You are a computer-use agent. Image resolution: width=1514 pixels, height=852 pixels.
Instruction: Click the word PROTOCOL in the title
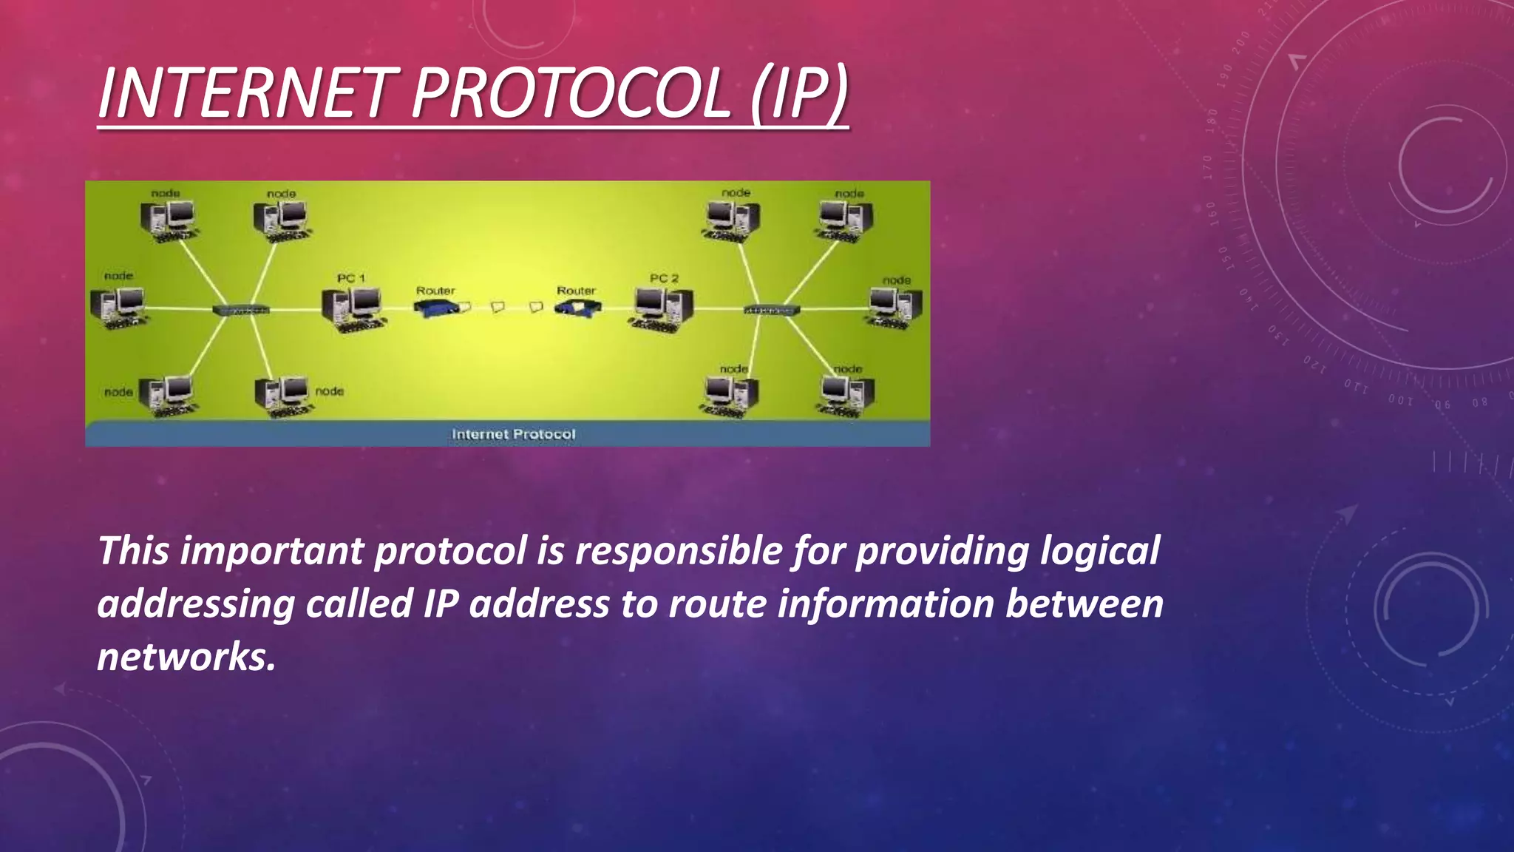(x=571, y=93)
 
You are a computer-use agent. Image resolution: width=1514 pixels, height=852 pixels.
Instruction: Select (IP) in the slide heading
(x=798, y=93)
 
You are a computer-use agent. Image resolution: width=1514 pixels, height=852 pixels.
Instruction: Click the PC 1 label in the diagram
(x=351, y=278)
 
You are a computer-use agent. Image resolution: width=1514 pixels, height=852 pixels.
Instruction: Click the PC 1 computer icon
(x=353, y=309)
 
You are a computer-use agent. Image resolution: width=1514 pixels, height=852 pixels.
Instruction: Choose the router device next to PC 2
(x=578, y=307)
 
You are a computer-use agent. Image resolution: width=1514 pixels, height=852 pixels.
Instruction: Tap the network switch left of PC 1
(x=241, y=309)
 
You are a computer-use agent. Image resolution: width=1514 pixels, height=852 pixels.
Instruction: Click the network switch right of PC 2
(x=771, y=309)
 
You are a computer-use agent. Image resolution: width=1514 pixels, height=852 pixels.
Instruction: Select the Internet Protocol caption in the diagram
(x=513, y=434)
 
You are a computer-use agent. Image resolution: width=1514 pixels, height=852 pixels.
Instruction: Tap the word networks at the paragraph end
(x=186, y=657)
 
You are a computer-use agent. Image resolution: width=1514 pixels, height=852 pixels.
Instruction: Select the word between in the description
(x=1084, y=604)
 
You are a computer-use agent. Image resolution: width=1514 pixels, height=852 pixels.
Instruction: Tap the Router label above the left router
(x=435, y=291)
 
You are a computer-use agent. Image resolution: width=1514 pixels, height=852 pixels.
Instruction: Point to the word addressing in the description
(x=196, y=604)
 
